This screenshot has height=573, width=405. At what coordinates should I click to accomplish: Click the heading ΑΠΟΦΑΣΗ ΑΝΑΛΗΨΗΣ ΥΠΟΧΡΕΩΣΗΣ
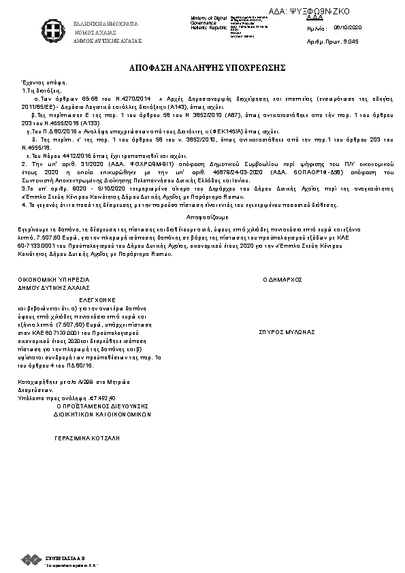[202, 69]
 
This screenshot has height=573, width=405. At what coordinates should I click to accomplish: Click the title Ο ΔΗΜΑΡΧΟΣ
[282, 280]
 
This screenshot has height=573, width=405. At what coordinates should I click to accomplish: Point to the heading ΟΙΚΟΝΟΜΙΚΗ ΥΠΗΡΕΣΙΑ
[54, 280]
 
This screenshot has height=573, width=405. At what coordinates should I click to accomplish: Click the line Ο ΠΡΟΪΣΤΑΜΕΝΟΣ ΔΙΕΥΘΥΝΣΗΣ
[102, 405]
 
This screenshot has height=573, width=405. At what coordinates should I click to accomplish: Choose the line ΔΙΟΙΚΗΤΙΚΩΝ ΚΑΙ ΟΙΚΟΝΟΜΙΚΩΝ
[102, 413]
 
